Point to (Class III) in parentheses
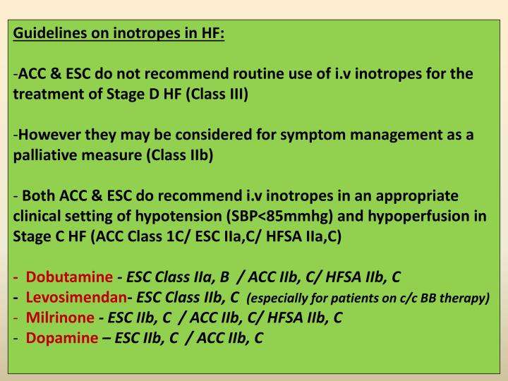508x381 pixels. tap(217, 95)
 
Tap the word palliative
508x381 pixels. tap(44, 157)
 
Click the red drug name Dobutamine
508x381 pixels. tap(69, 278)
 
